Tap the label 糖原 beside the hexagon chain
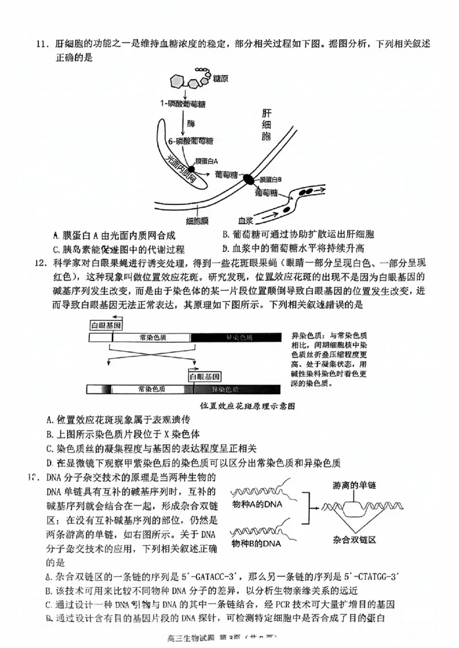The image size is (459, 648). (220, 77)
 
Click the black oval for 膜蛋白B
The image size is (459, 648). (248, 179)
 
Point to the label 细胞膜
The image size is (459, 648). (197, 220)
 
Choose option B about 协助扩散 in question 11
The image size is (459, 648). (298, 235)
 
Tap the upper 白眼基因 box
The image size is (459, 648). (105, 325)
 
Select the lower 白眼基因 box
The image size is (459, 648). (205, 377)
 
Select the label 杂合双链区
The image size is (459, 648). (354, 540)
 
